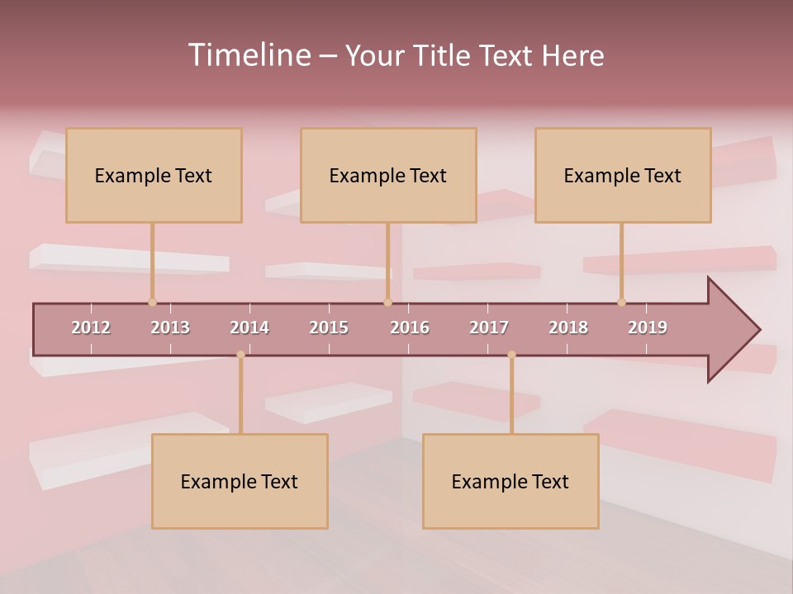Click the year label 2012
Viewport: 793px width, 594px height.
91,328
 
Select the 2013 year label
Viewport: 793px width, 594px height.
170,328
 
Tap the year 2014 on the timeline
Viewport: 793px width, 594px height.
249,328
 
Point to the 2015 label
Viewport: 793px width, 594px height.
329,328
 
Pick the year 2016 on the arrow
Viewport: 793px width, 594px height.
410,328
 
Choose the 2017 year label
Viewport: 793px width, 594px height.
489,328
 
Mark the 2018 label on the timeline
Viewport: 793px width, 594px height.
568,328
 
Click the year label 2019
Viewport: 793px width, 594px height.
648,328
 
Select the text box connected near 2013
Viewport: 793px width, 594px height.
154,175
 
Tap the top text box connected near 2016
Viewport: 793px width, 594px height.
388,175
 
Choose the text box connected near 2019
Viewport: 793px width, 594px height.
623,175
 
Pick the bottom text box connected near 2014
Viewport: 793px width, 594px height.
240,481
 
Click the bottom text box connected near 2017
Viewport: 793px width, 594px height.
510,481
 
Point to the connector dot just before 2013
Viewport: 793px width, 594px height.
152,302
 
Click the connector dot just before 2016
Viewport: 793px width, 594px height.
387,302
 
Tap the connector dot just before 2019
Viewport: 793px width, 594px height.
621,302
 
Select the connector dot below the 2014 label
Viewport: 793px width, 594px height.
240,355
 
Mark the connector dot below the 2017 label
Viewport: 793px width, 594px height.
511,355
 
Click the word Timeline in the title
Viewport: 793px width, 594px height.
248,55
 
